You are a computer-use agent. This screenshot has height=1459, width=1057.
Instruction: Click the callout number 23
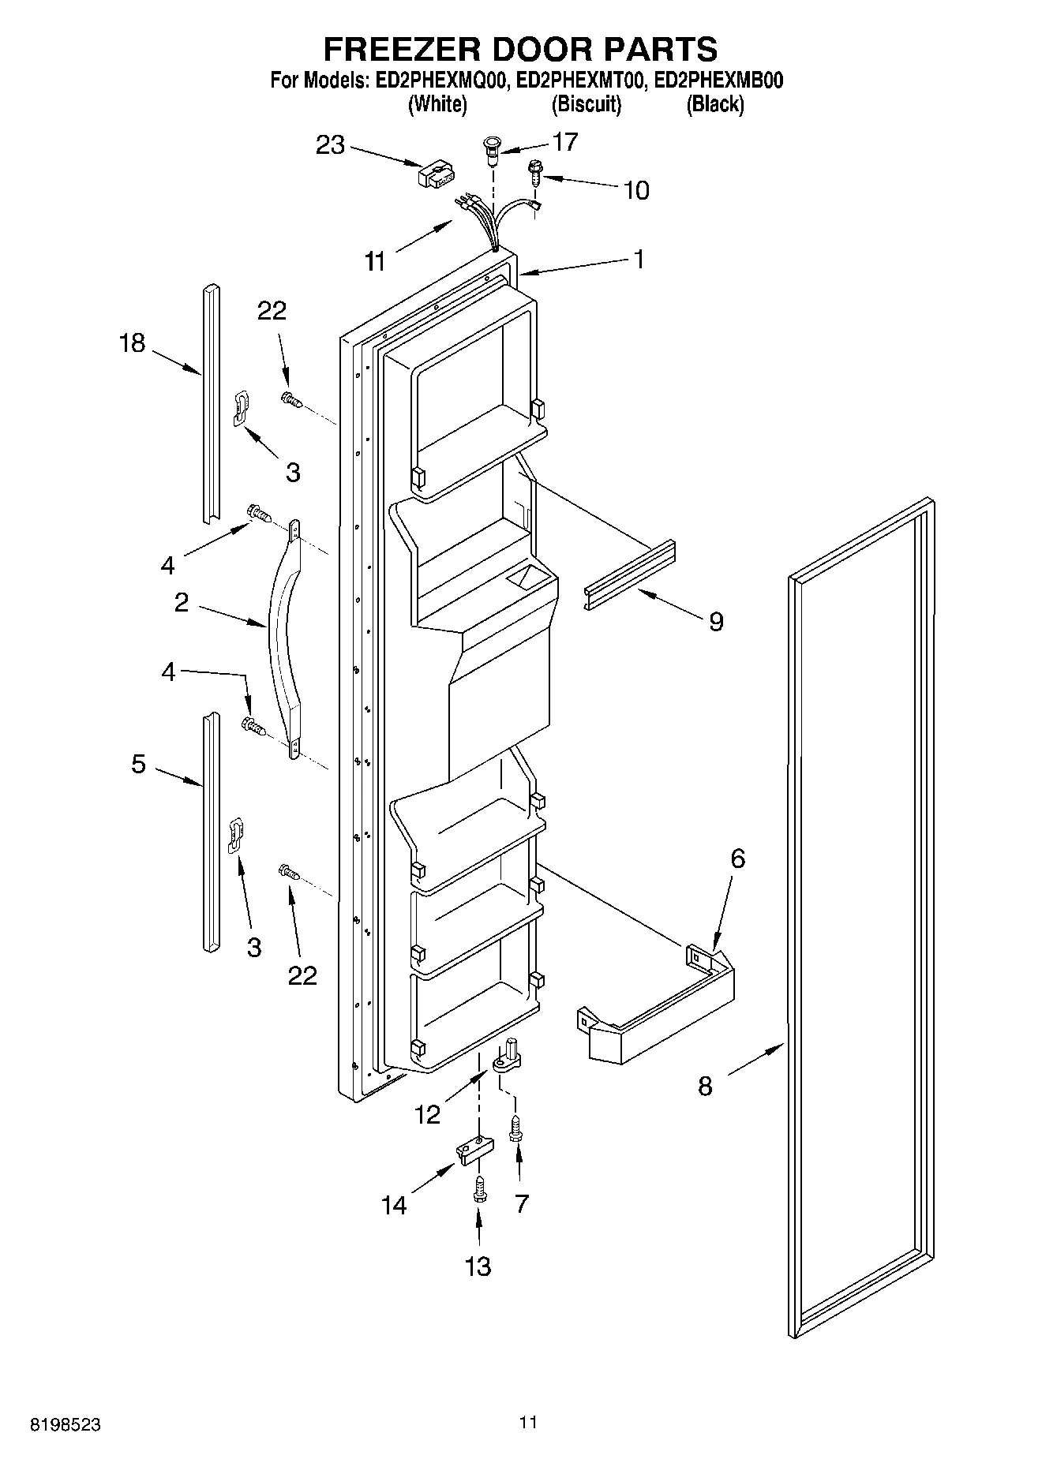(331, 145)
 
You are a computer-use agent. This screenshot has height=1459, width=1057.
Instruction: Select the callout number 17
(565, 142)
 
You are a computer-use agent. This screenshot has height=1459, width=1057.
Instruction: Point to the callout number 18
(132, 343)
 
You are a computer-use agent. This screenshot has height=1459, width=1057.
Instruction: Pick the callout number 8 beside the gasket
(705, 1087)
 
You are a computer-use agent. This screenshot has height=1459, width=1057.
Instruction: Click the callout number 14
(394, 1205)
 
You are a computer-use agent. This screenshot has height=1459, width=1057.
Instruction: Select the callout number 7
(521, 1203)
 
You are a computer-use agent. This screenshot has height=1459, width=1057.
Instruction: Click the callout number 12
(427, 1114)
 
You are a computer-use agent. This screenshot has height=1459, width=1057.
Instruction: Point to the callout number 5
(138, 764)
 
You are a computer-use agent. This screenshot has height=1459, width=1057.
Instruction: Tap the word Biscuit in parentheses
(587, 104)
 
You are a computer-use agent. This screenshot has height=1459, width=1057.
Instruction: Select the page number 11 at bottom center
(528, 1423)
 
